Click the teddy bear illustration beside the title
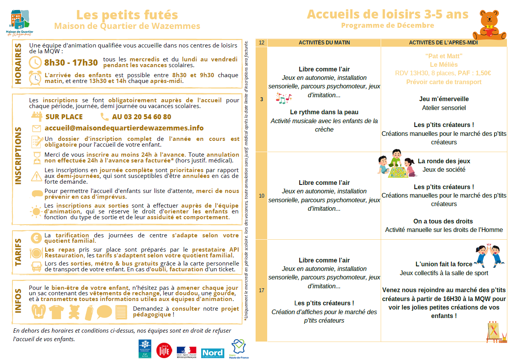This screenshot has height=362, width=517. (489, 24)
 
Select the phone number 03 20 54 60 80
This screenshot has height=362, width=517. (141, 117)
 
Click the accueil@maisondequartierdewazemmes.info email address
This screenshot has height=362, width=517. (124, 128)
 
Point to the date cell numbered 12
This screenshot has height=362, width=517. (261, 42)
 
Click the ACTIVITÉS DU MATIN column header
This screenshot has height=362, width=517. (324, 42)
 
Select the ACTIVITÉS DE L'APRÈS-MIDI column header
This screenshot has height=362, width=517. (443, 42)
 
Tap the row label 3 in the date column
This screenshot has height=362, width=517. (261, 99)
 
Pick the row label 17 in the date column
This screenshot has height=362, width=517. (261, 290)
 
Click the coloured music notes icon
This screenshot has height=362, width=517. (283, 98)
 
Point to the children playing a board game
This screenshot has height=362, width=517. (397, 164)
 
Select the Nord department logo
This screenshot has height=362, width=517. (212, 353)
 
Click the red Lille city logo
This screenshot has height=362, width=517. (164, 350)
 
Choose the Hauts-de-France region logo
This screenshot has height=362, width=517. (239, 349)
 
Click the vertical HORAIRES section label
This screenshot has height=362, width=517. (18, 64)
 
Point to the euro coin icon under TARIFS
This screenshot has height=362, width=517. (36, 238)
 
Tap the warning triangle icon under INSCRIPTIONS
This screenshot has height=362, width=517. (36, 176)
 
